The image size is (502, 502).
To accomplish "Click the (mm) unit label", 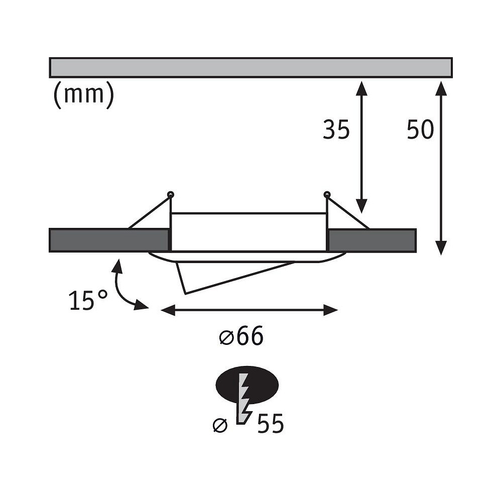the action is pos(83,95).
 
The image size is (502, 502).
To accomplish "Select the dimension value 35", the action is pos(336,130).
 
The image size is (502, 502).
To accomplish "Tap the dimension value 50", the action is pos(420,130).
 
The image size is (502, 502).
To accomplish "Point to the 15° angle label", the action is pos(88,300).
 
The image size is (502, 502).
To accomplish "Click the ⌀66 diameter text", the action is pos(241,336).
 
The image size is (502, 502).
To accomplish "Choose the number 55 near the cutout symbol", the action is pos(271,423).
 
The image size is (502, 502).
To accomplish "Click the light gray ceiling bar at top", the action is pos(250,68).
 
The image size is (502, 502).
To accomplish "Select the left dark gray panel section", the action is pos(109,240).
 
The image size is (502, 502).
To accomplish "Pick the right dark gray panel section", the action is pos(372,240).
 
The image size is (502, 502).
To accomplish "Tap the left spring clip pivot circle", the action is pos(171,194).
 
